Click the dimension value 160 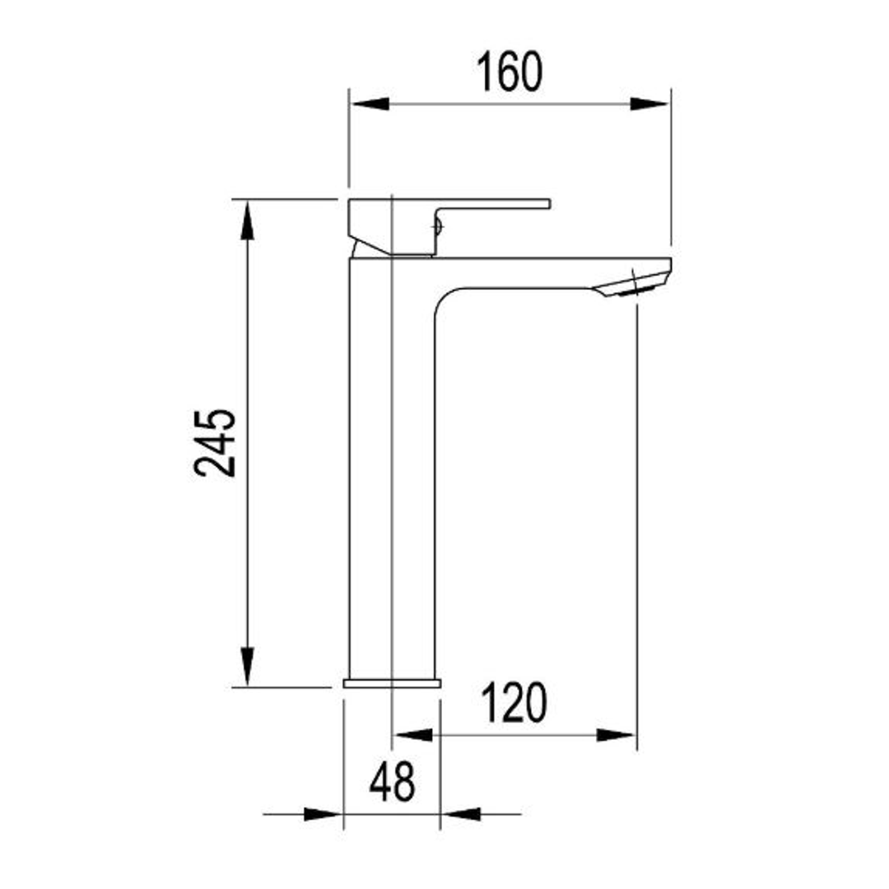pyautogui.click(x=510, y=72)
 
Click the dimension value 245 pyautogui.click(x=216, y=442)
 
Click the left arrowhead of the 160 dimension pyautogui.click(x=370, y=104)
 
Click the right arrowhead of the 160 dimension pyautogui.click(x=650, y=104)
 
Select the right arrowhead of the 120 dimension pyautogui.click(x=616, y=734)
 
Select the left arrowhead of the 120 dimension pyautogui.click(x=413, y=734)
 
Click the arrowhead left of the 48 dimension pyautogui.click(x=323, y=814)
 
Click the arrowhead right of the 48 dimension pyautogui.click(x=461, y=814)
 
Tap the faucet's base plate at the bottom pyautogui.click(x=392, y=682)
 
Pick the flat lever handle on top pyautogui.click(x=494, y=202)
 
